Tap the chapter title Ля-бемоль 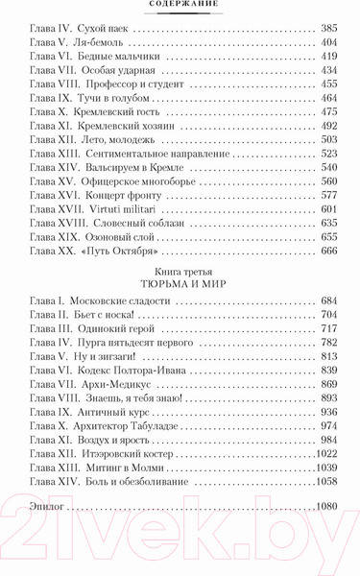pyautogui.click(x=103, y=45)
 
